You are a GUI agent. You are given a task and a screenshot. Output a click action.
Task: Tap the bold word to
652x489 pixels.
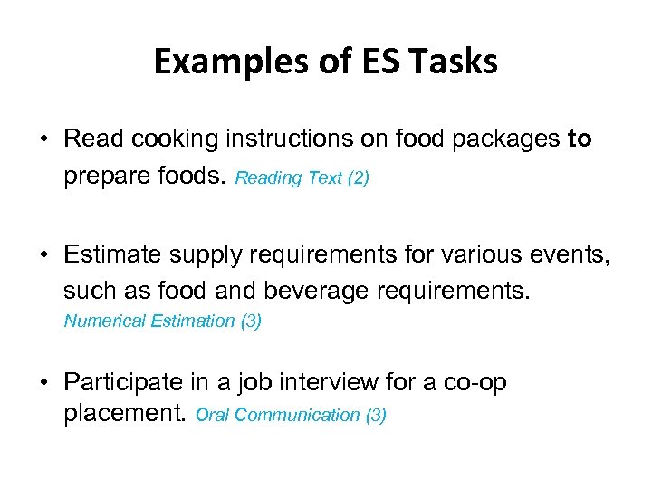click(580, 139)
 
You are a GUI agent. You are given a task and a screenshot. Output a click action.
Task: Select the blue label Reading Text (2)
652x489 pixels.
click(302, 178)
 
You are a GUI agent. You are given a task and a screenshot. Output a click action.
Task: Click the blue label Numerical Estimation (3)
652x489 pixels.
click(163, 321)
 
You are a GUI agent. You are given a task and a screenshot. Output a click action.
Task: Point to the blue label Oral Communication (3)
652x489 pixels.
click(291, 416)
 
